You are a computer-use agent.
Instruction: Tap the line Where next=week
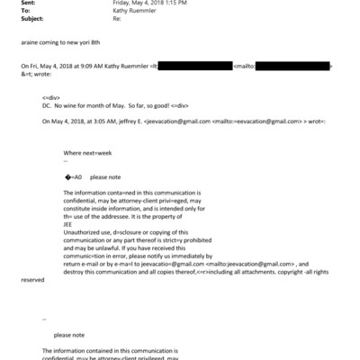(85, 154)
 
